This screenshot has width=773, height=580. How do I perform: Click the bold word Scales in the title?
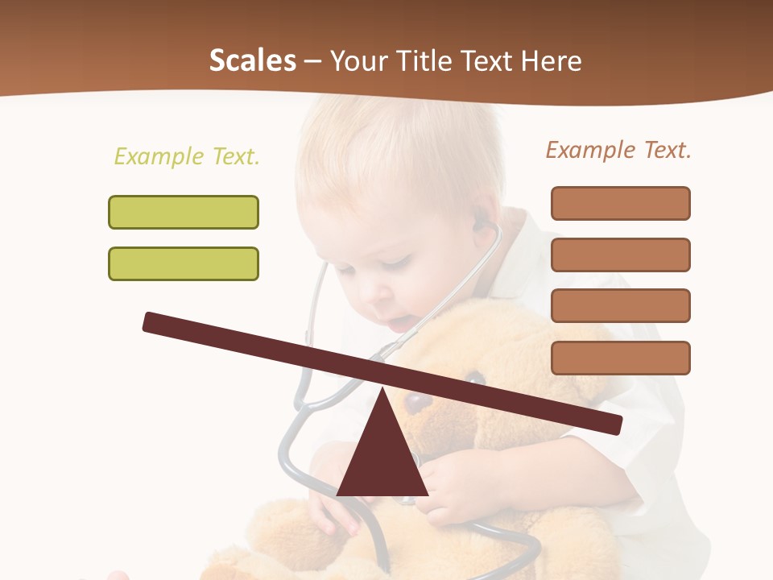(x=252, y=61)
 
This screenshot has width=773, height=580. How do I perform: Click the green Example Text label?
(x=187, y=156)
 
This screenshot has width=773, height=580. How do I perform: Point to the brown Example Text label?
(x=618, y=150)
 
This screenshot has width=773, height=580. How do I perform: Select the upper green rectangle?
(x=184, y=212)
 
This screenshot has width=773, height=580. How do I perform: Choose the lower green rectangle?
(x=184, y=263)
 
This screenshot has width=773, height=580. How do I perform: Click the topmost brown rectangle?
(x=620, y=203)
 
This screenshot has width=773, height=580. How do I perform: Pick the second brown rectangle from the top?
(x=620, y=255)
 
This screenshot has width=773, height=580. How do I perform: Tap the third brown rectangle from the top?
(x=620, y=306)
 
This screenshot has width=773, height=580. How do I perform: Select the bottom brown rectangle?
(x=620, y=358)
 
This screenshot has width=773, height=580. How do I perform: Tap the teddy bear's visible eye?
(x=475, y=376)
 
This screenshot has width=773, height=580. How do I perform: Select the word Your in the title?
(x=357, y=61)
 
